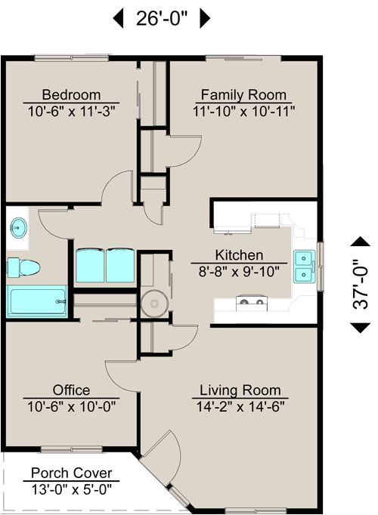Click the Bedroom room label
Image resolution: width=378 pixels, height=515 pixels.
[x=71, y=94]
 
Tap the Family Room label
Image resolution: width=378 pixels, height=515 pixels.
[x=243, y=94]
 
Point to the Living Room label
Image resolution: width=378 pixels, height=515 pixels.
[x=240, y=390]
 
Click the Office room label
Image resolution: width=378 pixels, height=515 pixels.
[x=71, y=390]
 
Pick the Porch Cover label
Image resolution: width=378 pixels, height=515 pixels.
[x=71, y=473]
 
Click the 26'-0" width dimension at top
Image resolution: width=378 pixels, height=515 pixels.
[x=162, y=19]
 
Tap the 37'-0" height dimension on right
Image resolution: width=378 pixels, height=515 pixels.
[x=361, y=285]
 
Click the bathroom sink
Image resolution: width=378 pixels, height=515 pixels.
[x=18, y=227]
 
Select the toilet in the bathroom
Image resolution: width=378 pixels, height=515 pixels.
[x=23, y=267]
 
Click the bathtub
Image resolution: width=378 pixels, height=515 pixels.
[x=36, y=301]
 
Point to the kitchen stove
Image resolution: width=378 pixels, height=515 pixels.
[x=253, y=304]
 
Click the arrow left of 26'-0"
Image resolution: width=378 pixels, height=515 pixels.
[x=118, y=19]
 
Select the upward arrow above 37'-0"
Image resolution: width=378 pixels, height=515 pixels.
[x=361, y=242]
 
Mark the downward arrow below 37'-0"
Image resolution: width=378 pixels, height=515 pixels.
[x=361, y=327]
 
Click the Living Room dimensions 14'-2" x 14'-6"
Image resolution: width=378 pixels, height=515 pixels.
[x=240, y=406]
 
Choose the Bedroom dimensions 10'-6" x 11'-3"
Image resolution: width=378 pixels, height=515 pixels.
[x=71, y=110]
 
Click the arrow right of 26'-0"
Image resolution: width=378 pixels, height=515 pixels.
[x=205, y=19]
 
